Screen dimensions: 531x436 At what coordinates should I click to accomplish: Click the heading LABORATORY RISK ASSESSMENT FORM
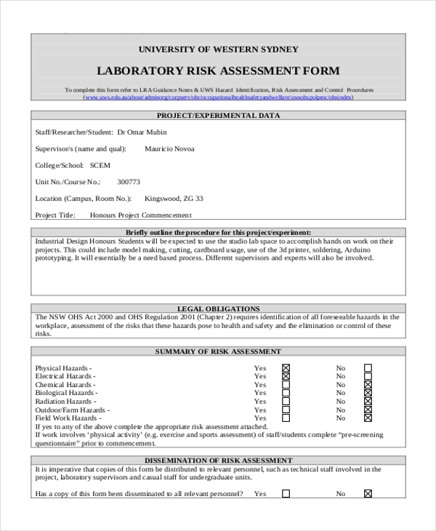click(x=218, y=71)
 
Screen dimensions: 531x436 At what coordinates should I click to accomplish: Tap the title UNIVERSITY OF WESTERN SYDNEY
click(x=218, y=49)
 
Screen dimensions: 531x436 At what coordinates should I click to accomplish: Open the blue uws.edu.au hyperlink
click(x=218, y=97)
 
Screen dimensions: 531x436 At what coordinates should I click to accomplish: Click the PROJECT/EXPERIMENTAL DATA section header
click(x=218, y=116)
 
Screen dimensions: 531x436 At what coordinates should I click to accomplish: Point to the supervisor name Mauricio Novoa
click(x=169, y=149)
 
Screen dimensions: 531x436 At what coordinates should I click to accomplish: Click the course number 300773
click(x=129, y=182)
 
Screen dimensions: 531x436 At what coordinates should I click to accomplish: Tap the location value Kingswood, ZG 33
click(x=174, y=199)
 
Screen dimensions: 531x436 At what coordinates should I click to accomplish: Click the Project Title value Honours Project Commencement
click(x=140, y=215)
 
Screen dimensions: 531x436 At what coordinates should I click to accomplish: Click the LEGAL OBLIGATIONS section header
click(x=218, y=308)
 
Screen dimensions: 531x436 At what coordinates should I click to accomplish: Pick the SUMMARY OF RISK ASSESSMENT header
click(x=218, y=351)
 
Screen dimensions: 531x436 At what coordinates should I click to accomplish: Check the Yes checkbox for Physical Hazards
click(x=286, y=368)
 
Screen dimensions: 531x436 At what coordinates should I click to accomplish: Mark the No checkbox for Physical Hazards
click(x=368, y=368)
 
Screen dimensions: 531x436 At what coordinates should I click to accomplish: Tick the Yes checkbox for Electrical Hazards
click(x=286, y=376)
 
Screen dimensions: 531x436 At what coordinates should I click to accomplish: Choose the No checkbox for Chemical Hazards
click(x=368, y=385)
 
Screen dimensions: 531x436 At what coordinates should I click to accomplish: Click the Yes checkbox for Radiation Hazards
click(x=286, y=402)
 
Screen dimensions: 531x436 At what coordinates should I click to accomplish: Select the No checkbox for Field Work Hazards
click(x=368, y=418)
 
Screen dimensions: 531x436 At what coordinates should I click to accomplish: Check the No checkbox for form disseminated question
click(x=368, y=493)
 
